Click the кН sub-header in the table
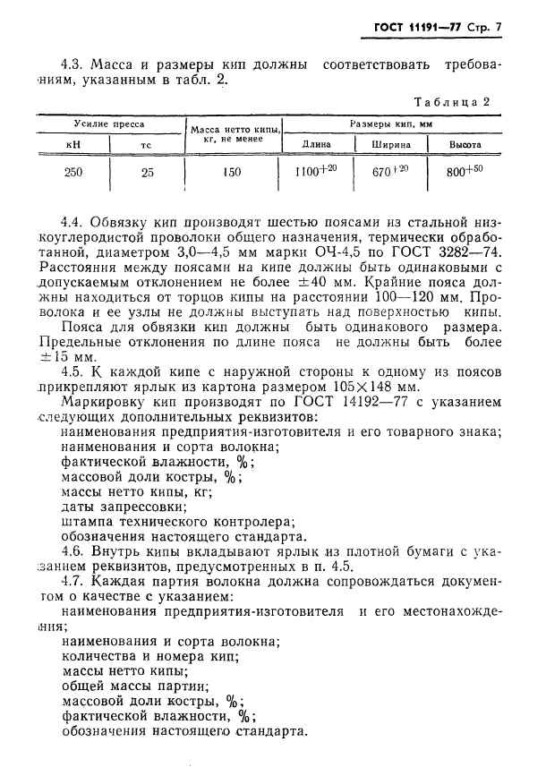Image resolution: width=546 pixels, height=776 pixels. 73,144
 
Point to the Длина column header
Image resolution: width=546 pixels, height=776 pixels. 317,144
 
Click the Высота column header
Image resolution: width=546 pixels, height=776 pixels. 465,144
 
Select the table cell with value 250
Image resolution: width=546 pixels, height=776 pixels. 74,174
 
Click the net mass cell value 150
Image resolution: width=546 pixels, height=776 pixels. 232,174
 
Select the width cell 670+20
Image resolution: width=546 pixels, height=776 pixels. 390,173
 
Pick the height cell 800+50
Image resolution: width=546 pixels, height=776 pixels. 465,173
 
